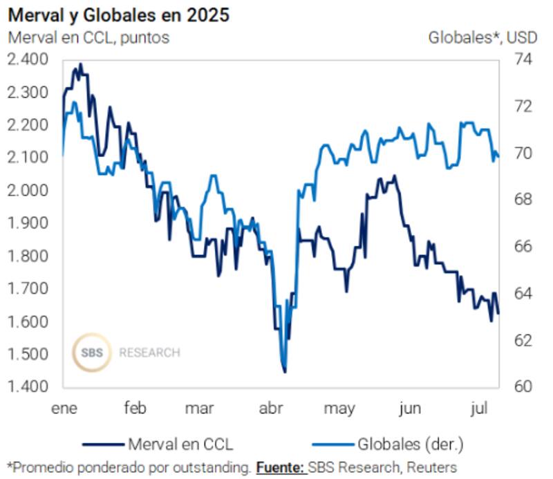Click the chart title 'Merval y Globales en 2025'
118,15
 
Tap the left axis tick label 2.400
28,60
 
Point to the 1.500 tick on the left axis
28,355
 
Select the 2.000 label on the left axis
28,191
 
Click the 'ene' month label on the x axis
65,408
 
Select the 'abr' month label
270,408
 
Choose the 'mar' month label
199,408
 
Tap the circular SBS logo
91,353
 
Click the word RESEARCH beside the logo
149,353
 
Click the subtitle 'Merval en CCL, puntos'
88,37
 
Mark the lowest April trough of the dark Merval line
285,372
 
